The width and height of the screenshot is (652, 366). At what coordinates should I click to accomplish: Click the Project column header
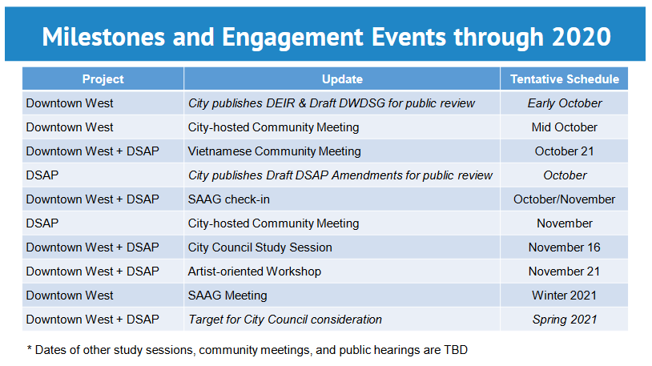pos(103,79)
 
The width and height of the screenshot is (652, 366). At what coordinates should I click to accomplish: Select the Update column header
pos(342,79)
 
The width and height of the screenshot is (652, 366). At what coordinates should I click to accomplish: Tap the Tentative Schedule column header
pos(565,79)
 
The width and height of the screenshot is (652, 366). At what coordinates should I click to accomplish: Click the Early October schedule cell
pos(565,103)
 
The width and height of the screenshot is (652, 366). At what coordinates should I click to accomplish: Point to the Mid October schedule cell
pos(564,127)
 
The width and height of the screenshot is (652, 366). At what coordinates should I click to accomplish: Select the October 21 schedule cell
pos(564,151)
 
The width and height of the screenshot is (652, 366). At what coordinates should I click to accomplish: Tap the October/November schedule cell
pos(564,199)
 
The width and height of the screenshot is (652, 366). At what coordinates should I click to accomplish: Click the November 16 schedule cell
pos(564,247)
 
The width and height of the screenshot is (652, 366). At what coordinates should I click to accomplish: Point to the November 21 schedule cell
pos(564,271)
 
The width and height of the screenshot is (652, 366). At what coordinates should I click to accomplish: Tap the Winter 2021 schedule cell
pos(564,296)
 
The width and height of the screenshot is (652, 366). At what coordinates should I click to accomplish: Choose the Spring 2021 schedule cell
pos(565,320)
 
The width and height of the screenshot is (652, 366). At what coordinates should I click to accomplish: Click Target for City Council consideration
pos(285,320)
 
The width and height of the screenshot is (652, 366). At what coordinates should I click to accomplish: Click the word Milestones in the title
pos(103,37)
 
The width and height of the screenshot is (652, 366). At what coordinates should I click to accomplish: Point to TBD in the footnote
pos(456,350)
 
